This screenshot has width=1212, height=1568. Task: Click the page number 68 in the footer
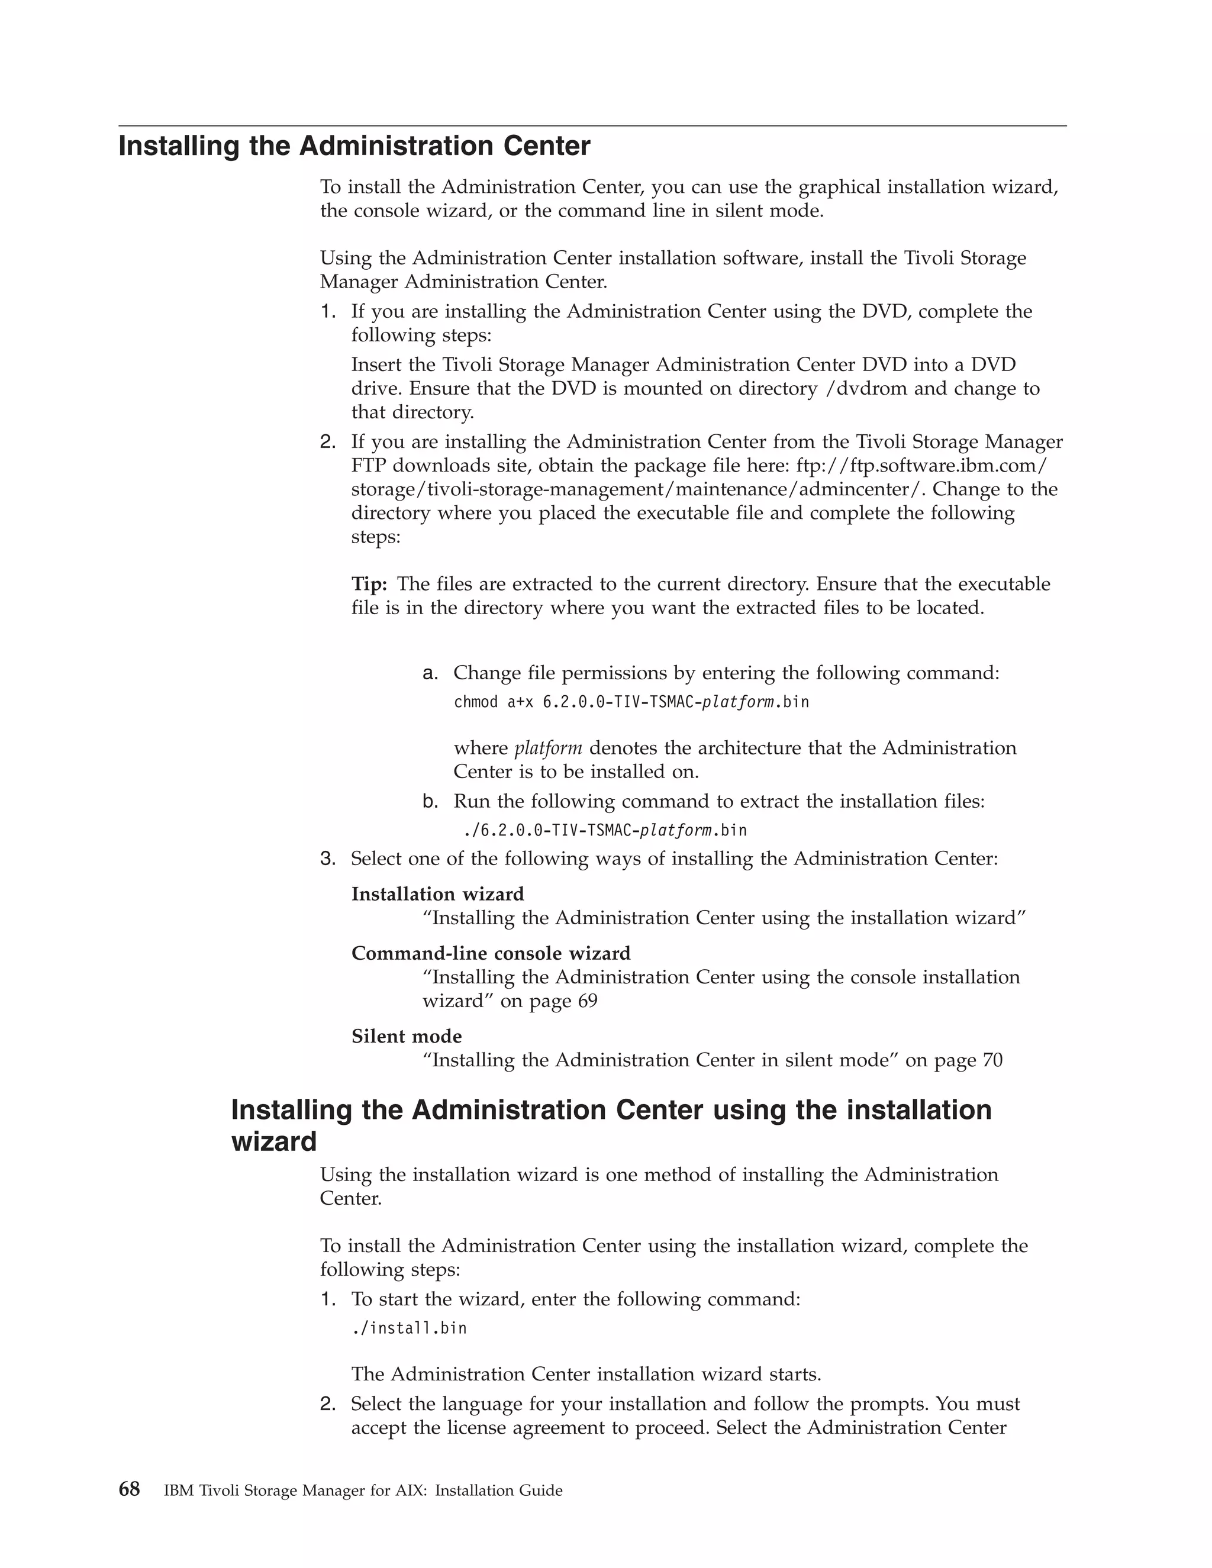point(129,1490)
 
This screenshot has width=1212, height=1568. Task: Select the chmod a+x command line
point(630,702)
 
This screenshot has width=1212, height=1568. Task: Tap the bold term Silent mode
point(407,1036)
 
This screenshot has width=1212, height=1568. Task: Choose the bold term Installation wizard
point(437,894)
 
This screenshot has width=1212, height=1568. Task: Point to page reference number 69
point(586,1001)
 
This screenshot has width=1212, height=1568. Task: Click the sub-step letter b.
point(430,801)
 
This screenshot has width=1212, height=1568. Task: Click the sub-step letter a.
point(430,673)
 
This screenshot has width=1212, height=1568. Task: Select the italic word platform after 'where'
point(548,748)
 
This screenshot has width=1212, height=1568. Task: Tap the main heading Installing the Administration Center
point(354,146)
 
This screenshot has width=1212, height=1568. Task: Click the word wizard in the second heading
point(273,1141)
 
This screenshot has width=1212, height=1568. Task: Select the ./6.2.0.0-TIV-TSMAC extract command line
point(605,831)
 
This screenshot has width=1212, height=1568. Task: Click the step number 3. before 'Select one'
point(327,859)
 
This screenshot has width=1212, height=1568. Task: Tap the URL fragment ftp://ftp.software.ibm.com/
point(922,465)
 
